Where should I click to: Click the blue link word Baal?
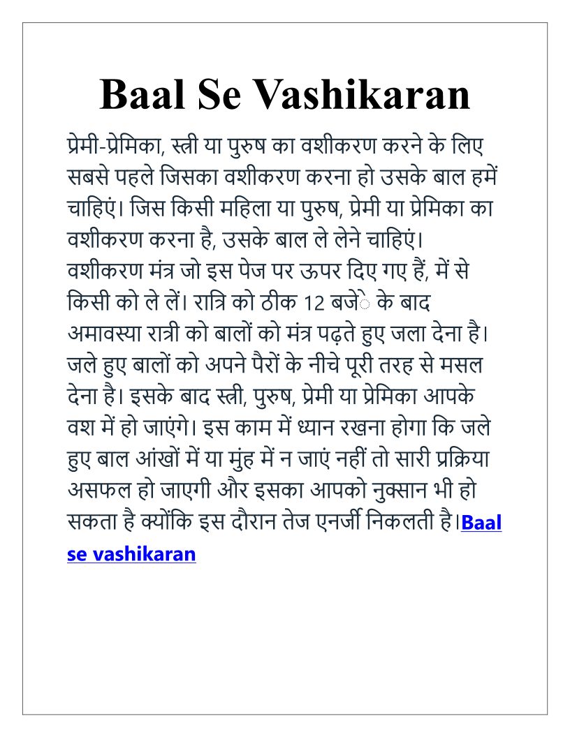[x=481, y=523]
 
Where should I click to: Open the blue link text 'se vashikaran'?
[x=131, y=554]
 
